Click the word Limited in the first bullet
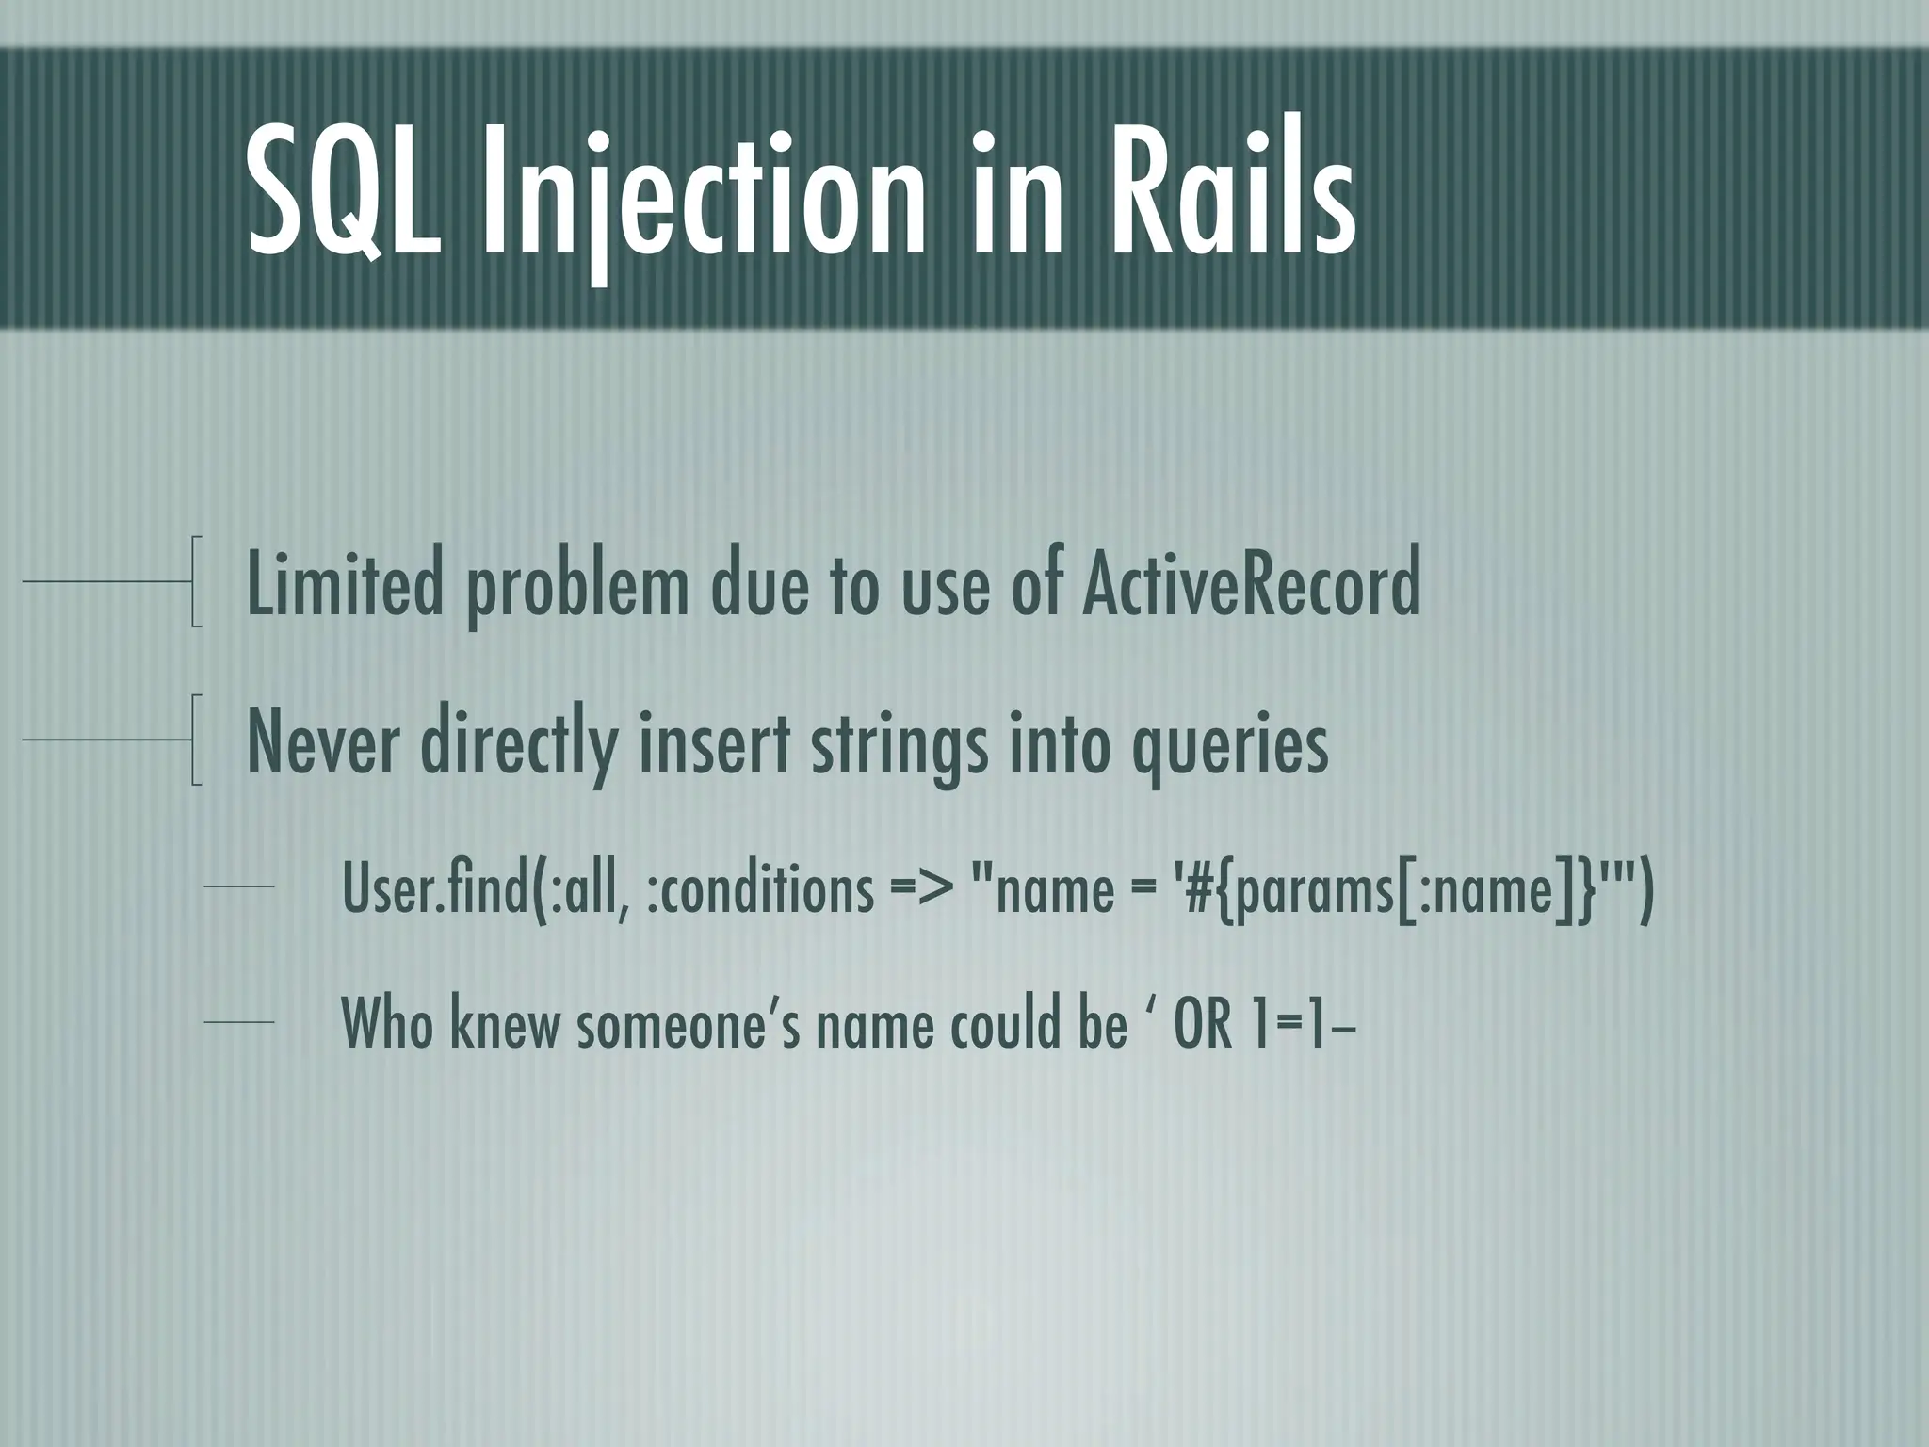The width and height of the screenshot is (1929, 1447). coord(344,585)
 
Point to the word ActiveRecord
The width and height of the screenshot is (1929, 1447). coord(1250,585)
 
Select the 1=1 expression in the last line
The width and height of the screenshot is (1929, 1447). coord(1290,1025)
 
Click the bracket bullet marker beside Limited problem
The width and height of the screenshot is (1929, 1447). coord(194,582)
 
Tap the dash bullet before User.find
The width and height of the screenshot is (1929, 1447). coord(238,886)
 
